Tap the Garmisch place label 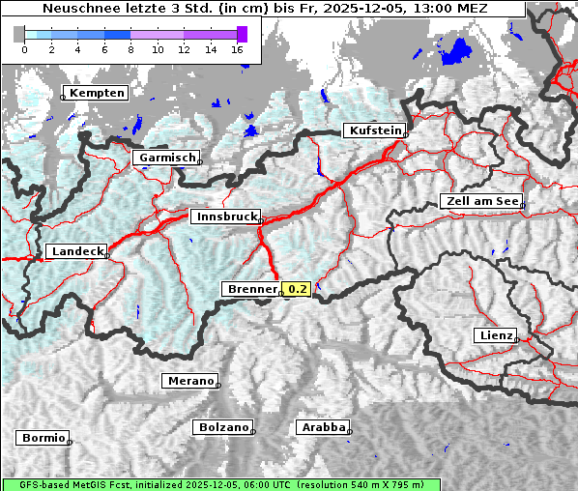(x=166, y=158)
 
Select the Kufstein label (x=374, y=130)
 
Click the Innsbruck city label (x=225, y=217)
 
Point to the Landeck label (x=76, y=251)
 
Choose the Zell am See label (x=480, y=202)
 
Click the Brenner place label (x=250, y=289)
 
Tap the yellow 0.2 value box (x=296, y=289)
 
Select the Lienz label (x=495, y=335)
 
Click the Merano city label (x=188, y=381)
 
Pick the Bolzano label (x=223, y=427)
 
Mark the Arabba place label (x=321, y=427)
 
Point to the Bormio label (x=43, y=438)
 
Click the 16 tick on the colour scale (x=237, y=48)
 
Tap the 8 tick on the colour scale (x=130, y=48)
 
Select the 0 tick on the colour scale (x=24, y=48)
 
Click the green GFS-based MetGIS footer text (x=220, y=484)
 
